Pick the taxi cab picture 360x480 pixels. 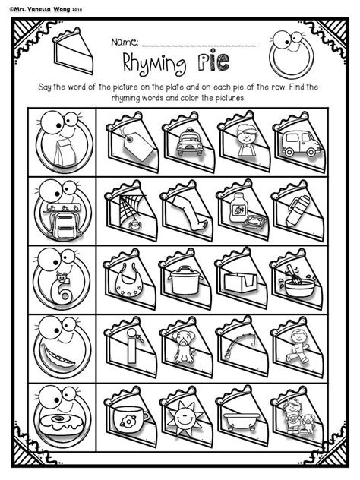click(185, 142)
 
